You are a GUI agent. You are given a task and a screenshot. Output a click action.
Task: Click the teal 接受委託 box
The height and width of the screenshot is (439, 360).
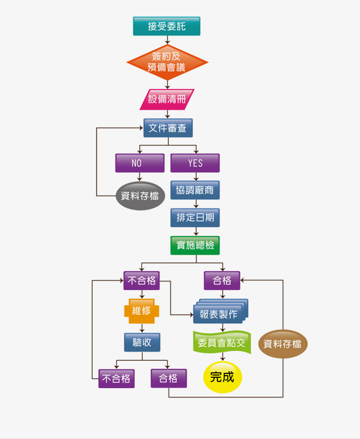(167, 26)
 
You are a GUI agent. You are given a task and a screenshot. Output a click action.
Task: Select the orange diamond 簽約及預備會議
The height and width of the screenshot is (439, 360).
(167, 62)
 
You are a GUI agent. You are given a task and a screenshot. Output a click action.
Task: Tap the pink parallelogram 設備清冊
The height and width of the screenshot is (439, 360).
(167, 99)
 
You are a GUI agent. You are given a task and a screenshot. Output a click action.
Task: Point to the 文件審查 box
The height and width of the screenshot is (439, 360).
(167, 128)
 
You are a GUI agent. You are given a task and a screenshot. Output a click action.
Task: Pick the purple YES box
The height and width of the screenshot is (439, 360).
(195, 163)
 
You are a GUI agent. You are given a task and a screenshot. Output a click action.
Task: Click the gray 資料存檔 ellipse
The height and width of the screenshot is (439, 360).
(141, 196)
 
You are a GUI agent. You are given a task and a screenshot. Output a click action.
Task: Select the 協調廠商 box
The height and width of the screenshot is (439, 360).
(195, 190)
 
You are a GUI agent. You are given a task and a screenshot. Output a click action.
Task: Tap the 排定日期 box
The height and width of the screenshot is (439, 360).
(195, 218)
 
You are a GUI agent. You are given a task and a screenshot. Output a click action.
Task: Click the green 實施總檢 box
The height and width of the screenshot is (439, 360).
(195, 245)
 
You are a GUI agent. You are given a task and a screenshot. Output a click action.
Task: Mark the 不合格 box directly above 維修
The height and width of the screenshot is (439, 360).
(142, 280)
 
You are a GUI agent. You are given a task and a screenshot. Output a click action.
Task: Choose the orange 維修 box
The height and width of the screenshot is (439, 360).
(141, 311)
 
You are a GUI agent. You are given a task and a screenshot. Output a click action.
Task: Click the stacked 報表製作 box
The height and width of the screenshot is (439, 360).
(218, 313)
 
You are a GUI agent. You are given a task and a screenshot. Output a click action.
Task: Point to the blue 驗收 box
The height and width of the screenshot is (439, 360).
(142, 342)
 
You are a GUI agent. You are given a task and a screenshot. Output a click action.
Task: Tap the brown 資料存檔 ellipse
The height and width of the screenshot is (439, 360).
(283, 344)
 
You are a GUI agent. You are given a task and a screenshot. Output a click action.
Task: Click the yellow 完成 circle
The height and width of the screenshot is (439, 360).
(222, 377)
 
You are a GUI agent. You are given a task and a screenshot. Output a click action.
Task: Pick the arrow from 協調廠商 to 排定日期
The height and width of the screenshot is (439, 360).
(195, 204)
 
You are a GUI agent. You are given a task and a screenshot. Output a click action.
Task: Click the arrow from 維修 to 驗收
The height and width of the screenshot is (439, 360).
(142, 327)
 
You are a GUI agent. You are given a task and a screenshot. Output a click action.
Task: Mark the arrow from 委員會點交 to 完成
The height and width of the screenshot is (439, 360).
(222, 357)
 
